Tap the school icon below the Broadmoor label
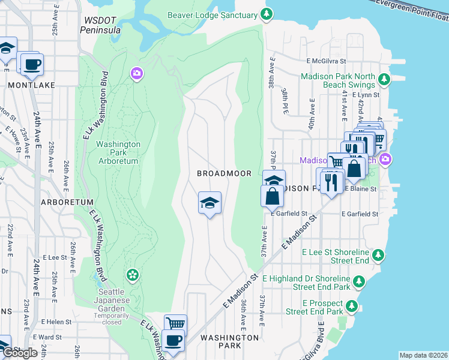(x=209, y=203)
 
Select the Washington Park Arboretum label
(x=118, y=152)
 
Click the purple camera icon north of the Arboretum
(x=137, y=73)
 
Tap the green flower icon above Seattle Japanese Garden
(x=131, y=275)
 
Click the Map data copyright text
(x=423, y=355)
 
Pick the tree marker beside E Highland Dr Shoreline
(x=358, y=281)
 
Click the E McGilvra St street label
(x=327, y=61)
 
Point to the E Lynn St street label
(x=364, y=95)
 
